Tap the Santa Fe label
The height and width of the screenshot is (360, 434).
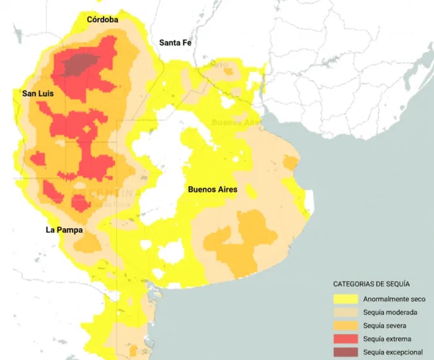tap(175, 43)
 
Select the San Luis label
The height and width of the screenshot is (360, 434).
tap(38, 94)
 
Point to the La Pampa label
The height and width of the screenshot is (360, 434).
tap(64, 230)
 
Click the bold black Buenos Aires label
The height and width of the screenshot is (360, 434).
tap(212, 190)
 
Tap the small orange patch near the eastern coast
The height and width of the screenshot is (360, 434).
tap(290, 163)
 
